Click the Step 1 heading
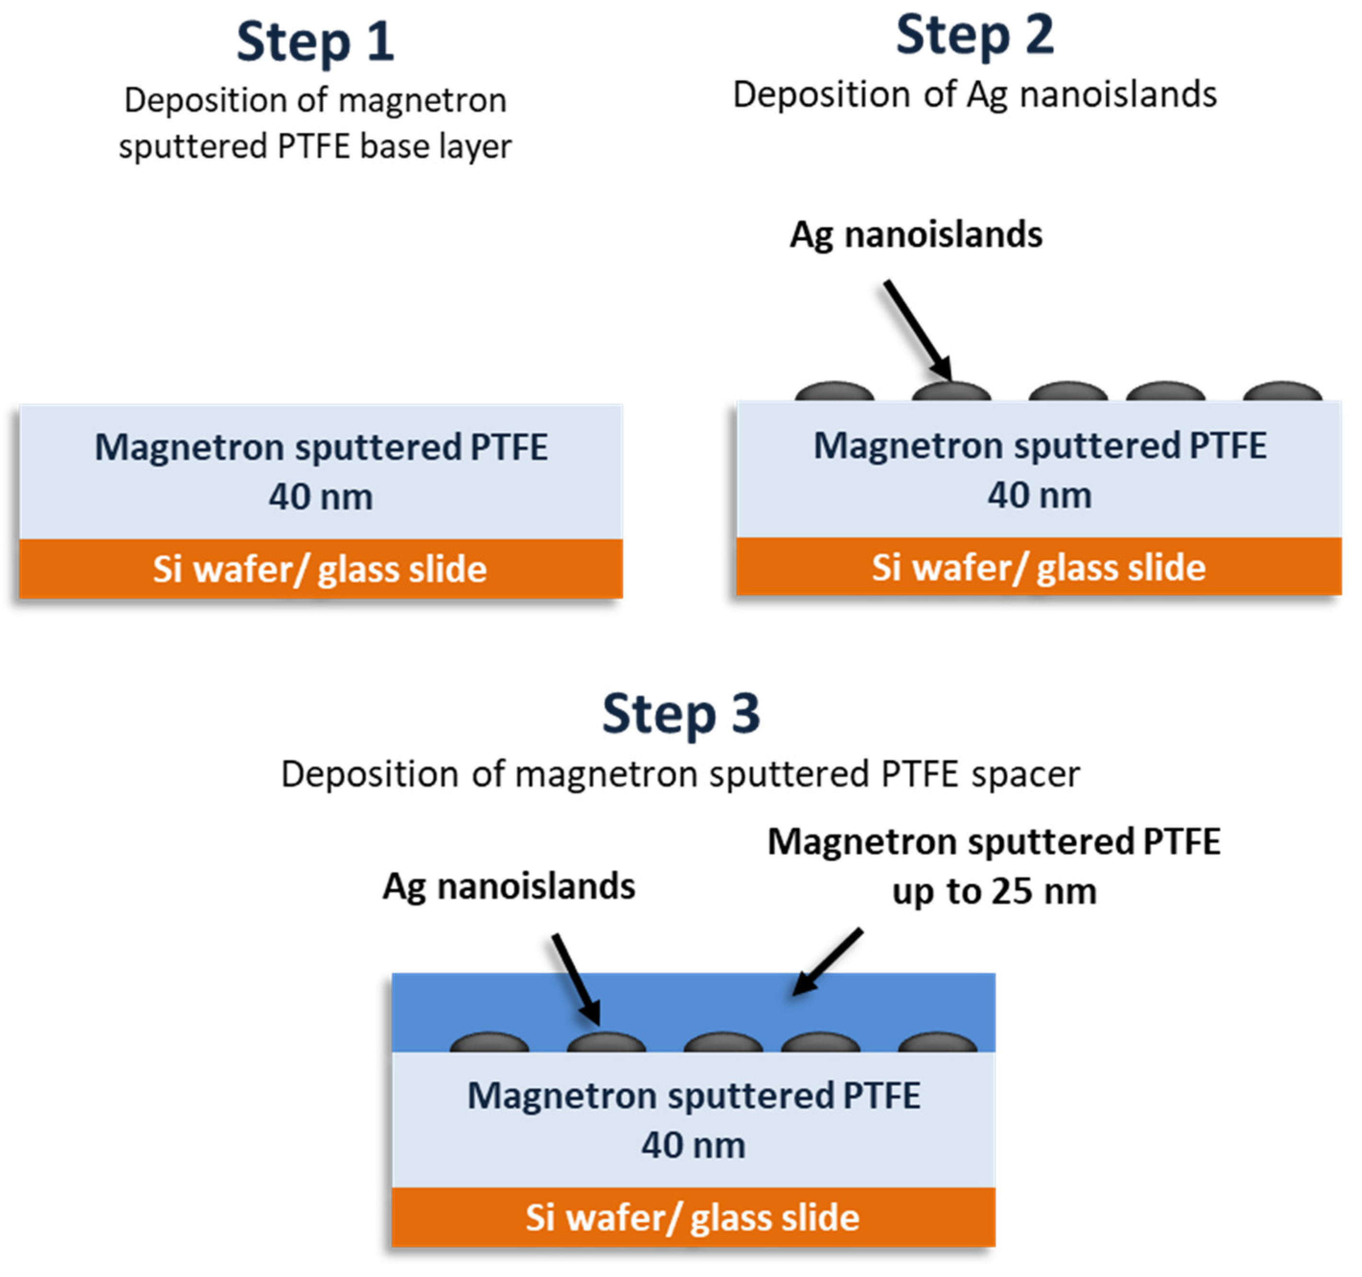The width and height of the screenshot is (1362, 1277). click(x=315, y=43)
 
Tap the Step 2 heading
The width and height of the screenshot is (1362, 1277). click(x=974, y=35)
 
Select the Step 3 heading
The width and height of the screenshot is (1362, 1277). click(x=681, y=715)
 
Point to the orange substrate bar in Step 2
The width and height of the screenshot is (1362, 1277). click(x=1039, y=567)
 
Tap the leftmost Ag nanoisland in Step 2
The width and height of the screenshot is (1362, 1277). click(x=835, y=391)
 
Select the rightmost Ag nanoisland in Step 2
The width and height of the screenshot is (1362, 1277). click(x=1282, y=391)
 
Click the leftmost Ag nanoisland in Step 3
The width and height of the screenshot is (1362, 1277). click(x=489, y=1043)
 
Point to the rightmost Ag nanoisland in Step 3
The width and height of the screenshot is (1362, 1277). click(x=937, y=1043)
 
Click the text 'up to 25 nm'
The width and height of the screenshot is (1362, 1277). click(x=995, y=891)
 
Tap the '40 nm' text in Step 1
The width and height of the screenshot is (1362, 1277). click(x=320, y=497)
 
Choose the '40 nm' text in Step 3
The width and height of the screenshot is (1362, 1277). click(x=693, y=1145)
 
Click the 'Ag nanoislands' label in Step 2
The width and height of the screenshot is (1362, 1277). click(x=916, y=235)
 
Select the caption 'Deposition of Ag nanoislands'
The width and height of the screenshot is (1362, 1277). click(x=974, y=94)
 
